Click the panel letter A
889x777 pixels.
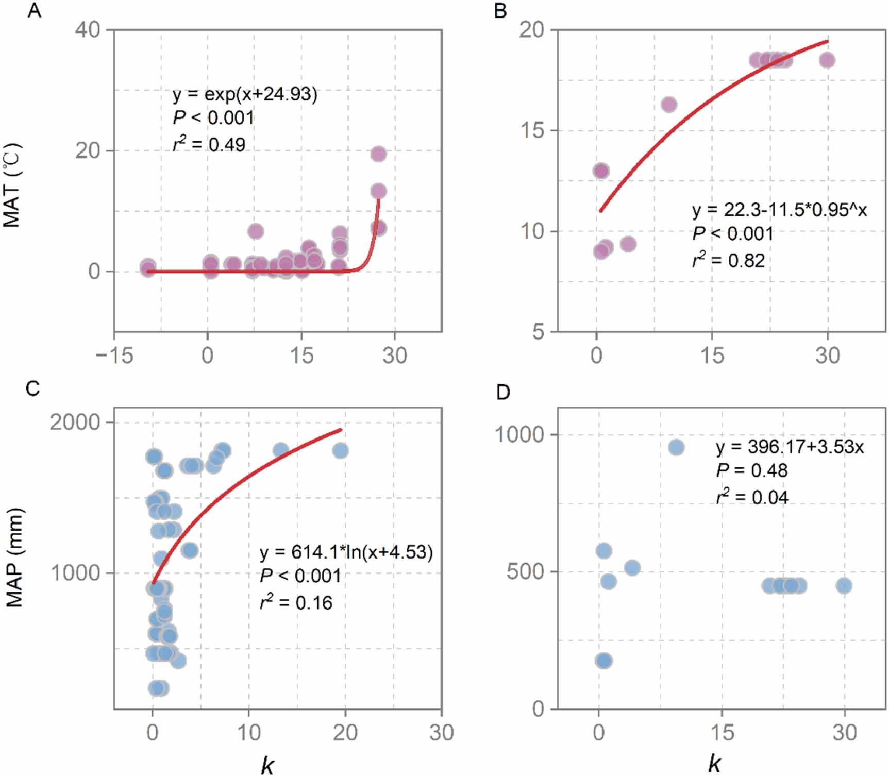pyautogui.click(x=34, y=10)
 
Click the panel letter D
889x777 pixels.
pyautogui.click(x=502, y=393)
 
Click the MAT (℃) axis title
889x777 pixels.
pyautogui.click(x=12, y=185)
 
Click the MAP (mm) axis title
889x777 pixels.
pyautogui.click(x=14, y=558)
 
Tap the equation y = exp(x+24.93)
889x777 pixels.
pyautogui.click(x=245, y=94)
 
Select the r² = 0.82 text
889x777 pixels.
pyautogui.click(x=728, y=261)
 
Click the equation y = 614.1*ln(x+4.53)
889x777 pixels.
pyautogui.click(x=346, y=552)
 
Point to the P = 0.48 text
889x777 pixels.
pyautogui.click(x=751, y=470)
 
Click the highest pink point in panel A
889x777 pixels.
pyautogui.click(x=378, y=154)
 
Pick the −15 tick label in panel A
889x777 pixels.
pyautogui.click(x=114, y=356)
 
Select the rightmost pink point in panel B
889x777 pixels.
pyautogui.click(x=827, y=60)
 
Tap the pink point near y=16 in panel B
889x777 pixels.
pyautogui.click(x=668, y=105)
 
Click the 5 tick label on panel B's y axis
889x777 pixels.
pyautogui.click(x=538, y=332)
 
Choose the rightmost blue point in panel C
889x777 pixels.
pyautogui.click(x=340, y=451)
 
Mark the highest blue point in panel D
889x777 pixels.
pyautogui.click(x=676, y=447)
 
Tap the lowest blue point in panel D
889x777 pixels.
pyautogui.click(x=603, y=661)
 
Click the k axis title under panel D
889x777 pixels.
pyautogui.click(x=714, y=763)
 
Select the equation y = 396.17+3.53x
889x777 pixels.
pyautogui.click(x=790, y=447)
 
